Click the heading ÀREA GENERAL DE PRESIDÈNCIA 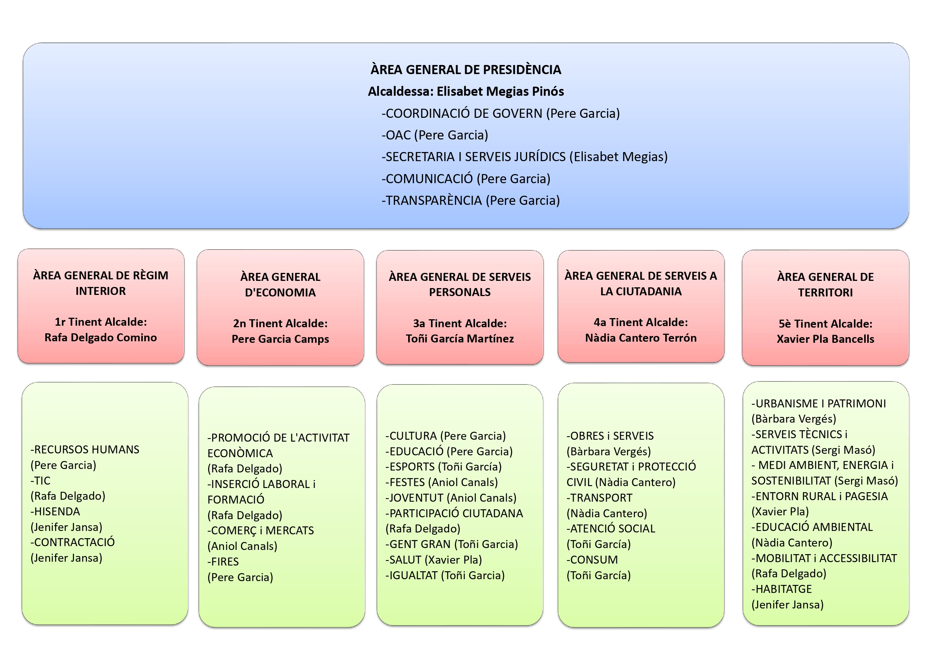tap(465, 70)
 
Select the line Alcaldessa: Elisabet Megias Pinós tap(465, 91)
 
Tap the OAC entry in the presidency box tap(435, 135)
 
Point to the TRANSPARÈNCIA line tap(470, 200)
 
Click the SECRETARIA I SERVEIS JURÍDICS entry tap(525, 157)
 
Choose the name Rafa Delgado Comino tap(101, 337)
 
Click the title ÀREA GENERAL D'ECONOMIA tap(280, 285)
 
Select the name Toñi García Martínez tap(460, 339)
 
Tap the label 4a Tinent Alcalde tap(641, 322)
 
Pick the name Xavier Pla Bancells tap(825, 339)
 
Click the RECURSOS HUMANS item tap(85, 450)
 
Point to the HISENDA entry tap(55, 512)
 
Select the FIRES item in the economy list tap(223, 562)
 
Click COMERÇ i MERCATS tap(260, 531)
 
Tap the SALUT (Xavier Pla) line tap(434, 560)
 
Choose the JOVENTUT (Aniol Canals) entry tap(451, 498)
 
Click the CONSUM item tap(592, 560)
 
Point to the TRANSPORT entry tap(600, 498)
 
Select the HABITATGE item tap(781, 589)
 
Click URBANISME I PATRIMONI tap(819, 404)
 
